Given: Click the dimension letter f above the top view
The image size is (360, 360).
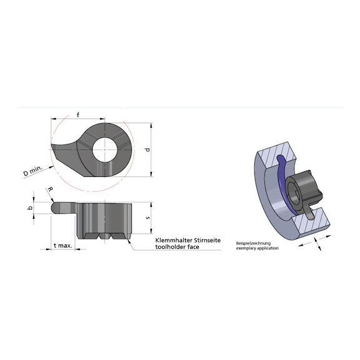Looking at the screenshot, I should point(77,114).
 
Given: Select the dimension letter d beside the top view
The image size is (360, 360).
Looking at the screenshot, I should point(146,149).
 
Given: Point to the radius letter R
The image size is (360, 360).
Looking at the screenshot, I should point(50,189).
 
